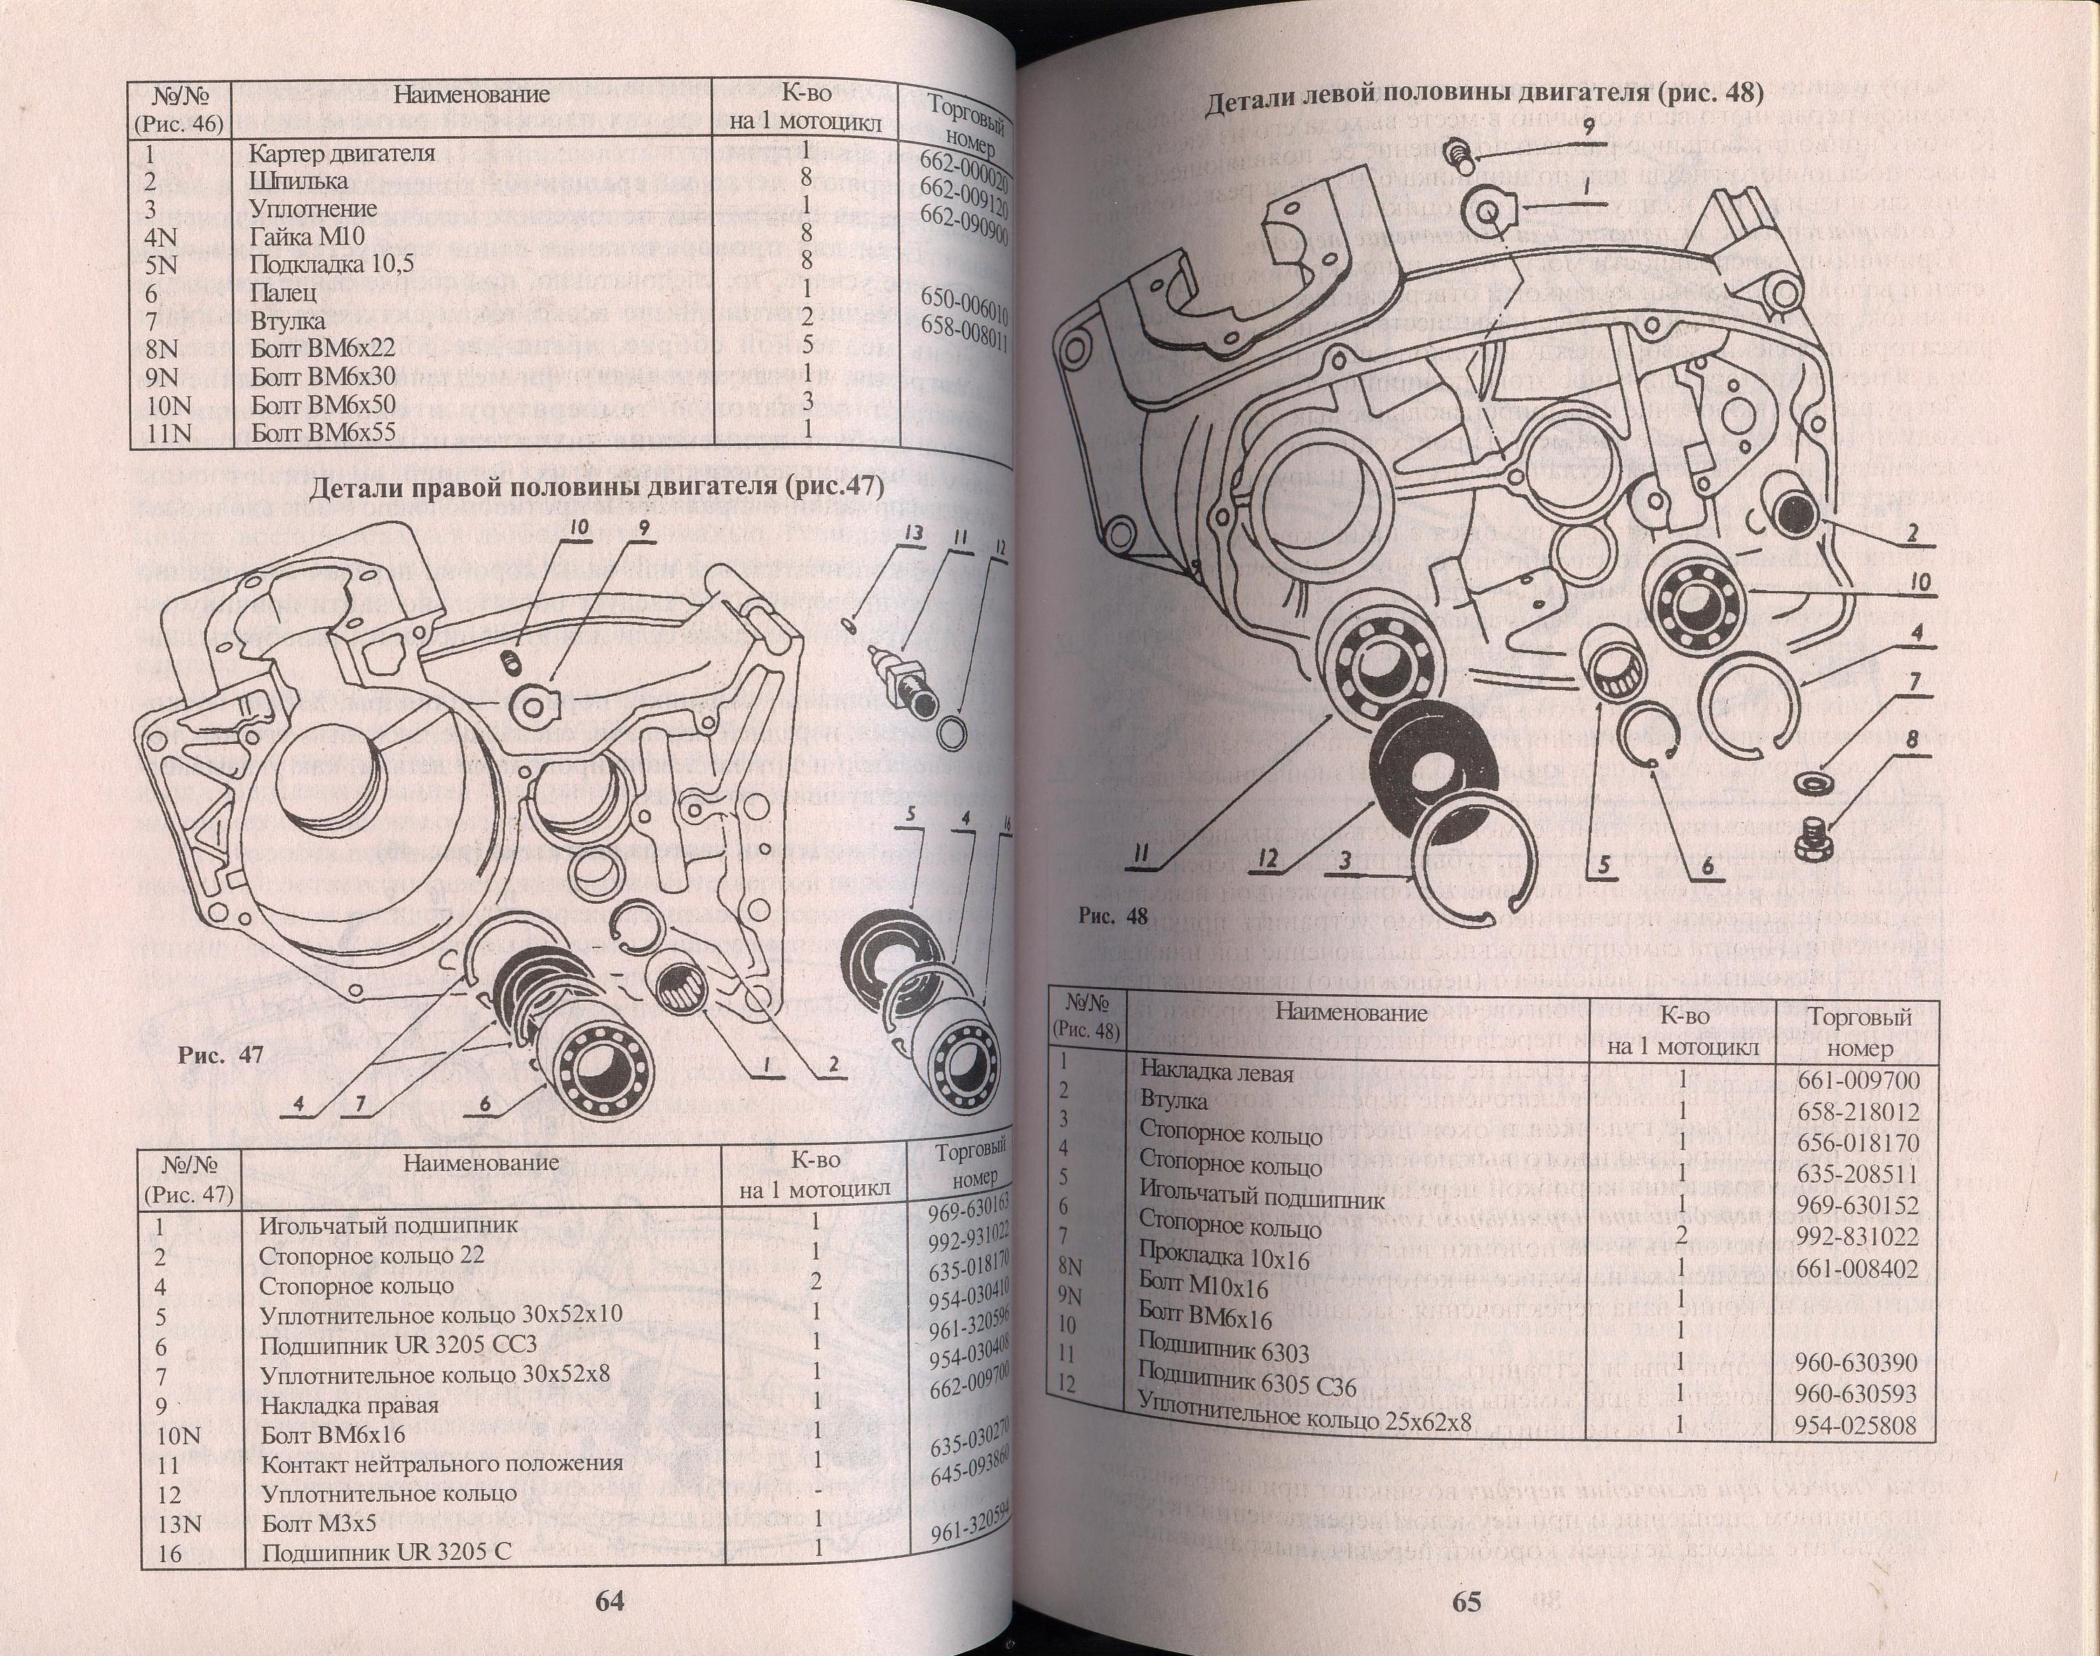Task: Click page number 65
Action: pos(1467,1601)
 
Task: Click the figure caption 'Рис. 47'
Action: pos(220,1056)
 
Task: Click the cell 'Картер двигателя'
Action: pos(342,153)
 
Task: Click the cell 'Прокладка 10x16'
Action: pos(1223,1258)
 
